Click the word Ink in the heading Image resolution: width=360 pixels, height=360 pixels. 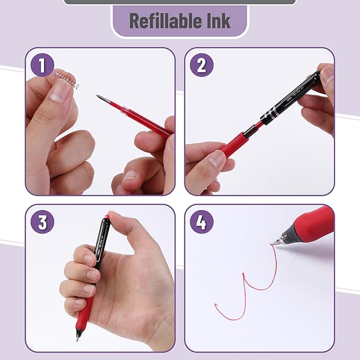pyautogui.click(x=218, y=21)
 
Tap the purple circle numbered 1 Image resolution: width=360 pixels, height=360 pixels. pyautogui.click(x=42, y=66)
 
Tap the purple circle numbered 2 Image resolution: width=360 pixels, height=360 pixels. pyautogui.click(x=201, y=66)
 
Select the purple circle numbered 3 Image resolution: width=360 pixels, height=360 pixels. pyautogui.click(x=42, y=222)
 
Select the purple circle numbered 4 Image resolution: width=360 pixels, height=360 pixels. pyautogui.click(x=201, y=222)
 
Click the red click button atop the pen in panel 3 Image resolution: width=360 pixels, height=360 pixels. pyautogui.click(x=107, y=217)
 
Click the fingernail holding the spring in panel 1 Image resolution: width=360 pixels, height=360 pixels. pyautogui.click(x=60, y=92)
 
